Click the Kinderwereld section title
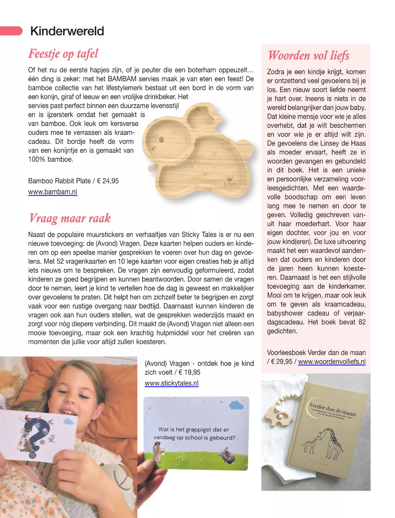coord(67,31)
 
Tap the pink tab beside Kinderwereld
coord(11,31)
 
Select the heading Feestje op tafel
coord(63,54)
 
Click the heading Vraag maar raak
coord(70,218)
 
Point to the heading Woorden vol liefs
coord(308,56)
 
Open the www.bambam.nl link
coord(53,192)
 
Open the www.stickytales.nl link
coord(172,383)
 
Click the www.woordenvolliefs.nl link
coord(332,362)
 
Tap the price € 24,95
coord(108,181)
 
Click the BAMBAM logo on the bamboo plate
coord(230,183)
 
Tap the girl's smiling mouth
coord(69,412)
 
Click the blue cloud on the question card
coord(236,405)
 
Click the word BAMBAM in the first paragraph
coord(123,79)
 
